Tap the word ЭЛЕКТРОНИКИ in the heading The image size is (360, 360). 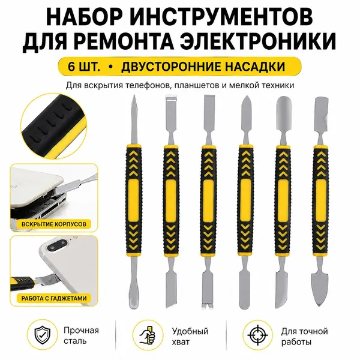click(258, 41)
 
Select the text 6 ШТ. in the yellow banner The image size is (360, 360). click(84, 67)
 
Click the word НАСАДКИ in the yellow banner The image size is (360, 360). click(255, 67)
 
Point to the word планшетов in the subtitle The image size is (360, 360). click(196, 85)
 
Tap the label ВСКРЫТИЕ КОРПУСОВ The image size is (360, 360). click(54, 224)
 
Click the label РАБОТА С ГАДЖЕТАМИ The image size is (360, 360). click(54, 298)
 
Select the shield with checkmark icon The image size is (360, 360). click(43, 335)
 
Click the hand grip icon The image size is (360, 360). click(148, 335)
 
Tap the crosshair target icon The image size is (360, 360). click(257, 335)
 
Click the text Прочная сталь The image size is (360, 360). click(81, 335)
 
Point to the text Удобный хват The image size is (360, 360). click(190, 337)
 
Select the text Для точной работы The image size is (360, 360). click(304, 337)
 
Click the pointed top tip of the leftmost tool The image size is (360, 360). click(134, 95)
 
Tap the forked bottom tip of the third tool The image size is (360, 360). click(208, 306)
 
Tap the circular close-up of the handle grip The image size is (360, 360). click(54, 126)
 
